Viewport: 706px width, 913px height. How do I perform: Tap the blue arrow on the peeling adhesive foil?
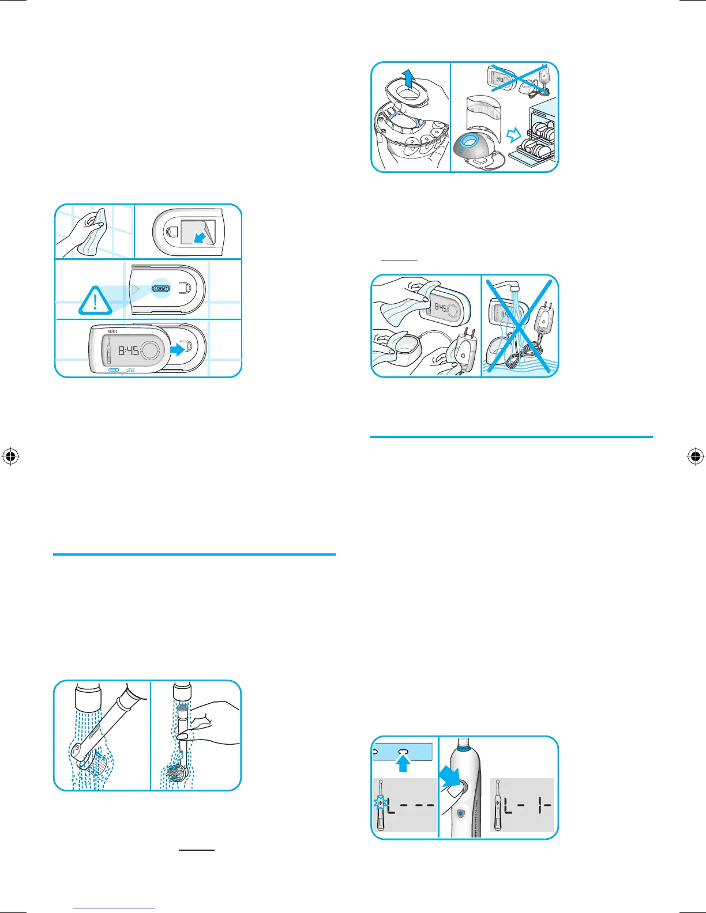(x=200, y=237)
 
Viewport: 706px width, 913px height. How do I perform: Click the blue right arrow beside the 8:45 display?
(x=176, y=348)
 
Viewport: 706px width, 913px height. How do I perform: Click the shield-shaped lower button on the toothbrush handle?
(x=460, y=813)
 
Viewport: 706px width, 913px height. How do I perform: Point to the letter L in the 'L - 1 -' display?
(x=509, y=805)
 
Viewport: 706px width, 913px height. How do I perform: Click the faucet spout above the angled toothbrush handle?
(x=88, y=696)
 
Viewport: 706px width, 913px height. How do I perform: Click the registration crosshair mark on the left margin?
(x=10, y=457)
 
